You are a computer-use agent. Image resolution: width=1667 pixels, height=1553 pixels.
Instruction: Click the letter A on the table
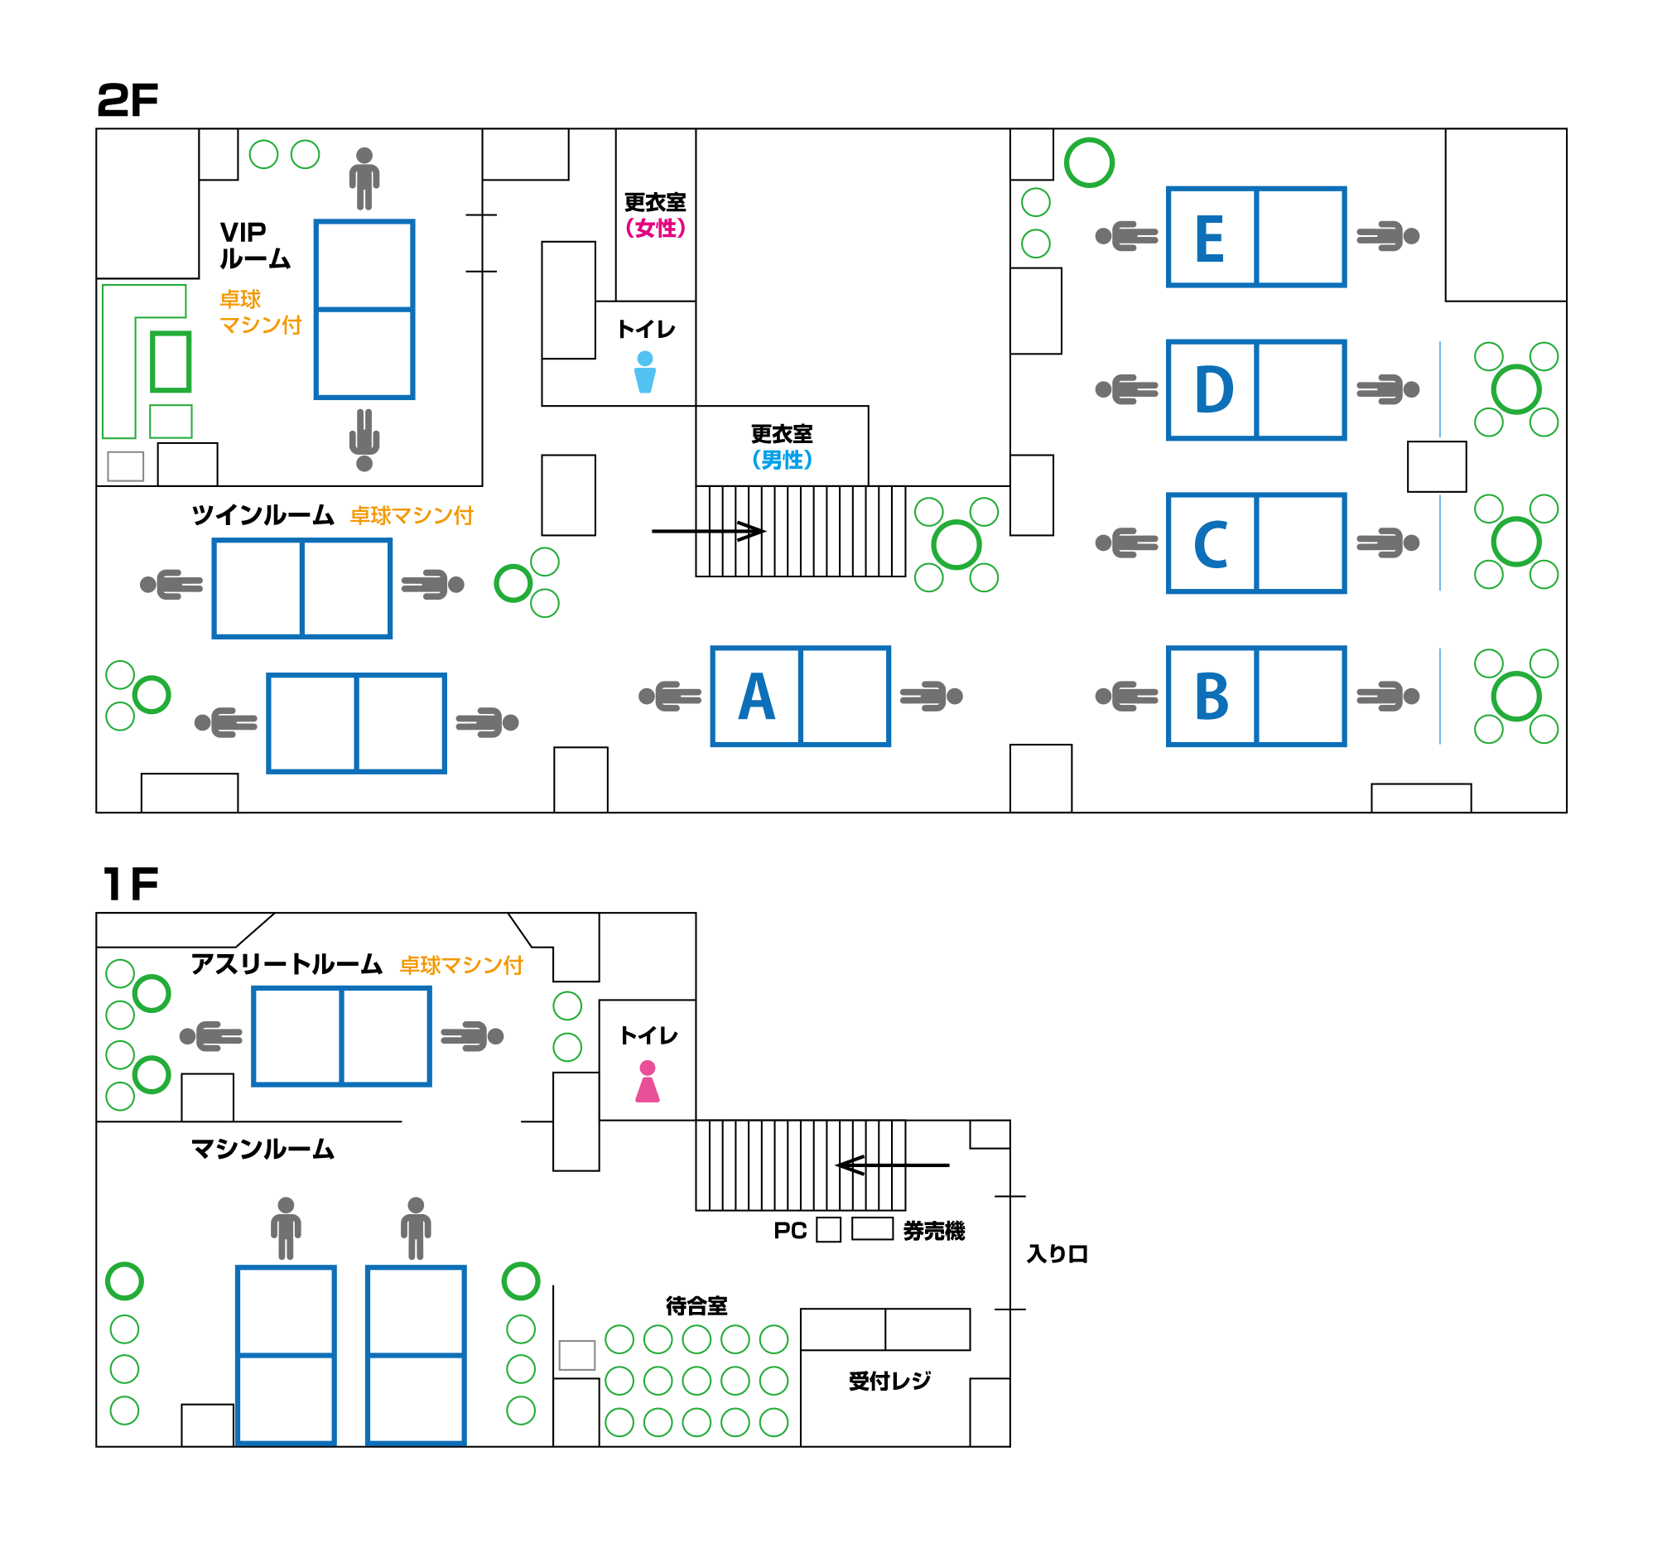pos(756,697)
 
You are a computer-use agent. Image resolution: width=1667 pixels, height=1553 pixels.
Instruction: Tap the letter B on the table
pos(1212,697)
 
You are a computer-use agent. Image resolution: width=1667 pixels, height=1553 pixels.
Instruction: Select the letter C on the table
pos(1211,544)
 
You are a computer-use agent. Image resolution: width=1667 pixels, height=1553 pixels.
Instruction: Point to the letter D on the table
pos(1213,390)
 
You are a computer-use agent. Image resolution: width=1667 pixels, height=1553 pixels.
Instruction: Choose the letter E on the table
pos(1210,239)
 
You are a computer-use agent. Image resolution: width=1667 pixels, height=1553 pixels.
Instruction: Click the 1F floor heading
pos(130,884)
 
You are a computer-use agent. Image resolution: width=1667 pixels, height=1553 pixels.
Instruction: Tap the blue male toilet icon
pos(645,373)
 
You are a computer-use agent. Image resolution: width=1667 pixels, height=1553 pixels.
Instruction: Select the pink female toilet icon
pos(648,1082)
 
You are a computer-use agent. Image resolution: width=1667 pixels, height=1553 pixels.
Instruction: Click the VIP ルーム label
pos(254,246)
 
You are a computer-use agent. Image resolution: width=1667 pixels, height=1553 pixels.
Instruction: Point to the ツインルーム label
pos(263,515)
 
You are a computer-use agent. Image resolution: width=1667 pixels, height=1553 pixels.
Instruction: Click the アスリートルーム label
pos(286,964)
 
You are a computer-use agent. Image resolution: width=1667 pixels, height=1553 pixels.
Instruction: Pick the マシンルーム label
pos(263,1149)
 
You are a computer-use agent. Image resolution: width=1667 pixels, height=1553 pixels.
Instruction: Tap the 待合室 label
pos(696,1305)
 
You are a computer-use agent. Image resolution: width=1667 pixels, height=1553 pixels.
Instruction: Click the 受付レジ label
pos(889,1381)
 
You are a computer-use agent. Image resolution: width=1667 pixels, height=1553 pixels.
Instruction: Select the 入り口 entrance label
pos(1057,1254)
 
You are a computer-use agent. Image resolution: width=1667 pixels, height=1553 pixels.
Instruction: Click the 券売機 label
pos(933,1231)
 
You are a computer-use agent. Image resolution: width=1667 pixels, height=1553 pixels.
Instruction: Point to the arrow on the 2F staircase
pos(709,531)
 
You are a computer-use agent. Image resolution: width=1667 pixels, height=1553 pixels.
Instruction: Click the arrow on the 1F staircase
pos(893,1165)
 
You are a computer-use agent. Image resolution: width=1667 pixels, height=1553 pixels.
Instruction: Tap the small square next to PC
pos(828,1230)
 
